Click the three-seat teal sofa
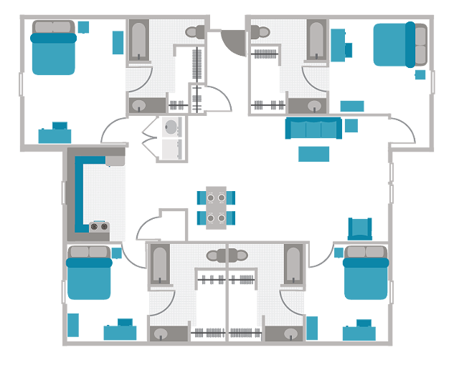(x=313, y=128)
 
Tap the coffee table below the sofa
(x=313, y=153)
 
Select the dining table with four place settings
(x=217, y=207)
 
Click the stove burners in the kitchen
(x=100, y=228)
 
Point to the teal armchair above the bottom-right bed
(x=360, y=228)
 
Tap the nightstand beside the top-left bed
(x=84, y=27)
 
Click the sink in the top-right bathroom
(x=315, y=106)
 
